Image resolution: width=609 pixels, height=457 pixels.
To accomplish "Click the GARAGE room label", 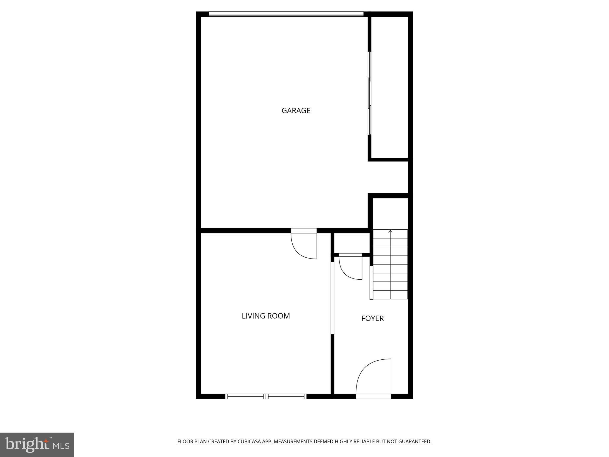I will tap(296, 111).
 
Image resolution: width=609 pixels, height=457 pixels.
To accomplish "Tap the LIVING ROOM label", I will tap(266, 316).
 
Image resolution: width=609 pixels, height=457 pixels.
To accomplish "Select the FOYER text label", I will tap(372, 318).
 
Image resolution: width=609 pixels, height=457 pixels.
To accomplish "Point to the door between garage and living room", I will tap(304, 244).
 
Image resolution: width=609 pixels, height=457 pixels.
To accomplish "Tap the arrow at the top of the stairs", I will tap(390, 231).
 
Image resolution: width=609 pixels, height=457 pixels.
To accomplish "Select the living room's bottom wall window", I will tap(266, 396).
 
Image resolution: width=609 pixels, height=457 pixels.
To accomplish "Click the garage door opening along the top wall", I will tap(286, 14).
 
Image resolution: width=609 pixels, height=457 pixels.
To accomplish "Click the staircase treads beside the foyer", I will tap(390, 265).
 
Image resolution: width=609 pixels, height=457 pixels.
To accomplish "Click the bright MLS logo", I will tap(37, 445).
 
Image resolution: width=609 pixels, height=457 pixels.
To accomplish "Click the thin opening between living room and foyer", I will tap(332, 298).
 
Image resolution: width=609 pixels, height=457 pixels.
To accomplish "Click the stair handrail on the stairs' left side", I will tap(371, 282).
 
